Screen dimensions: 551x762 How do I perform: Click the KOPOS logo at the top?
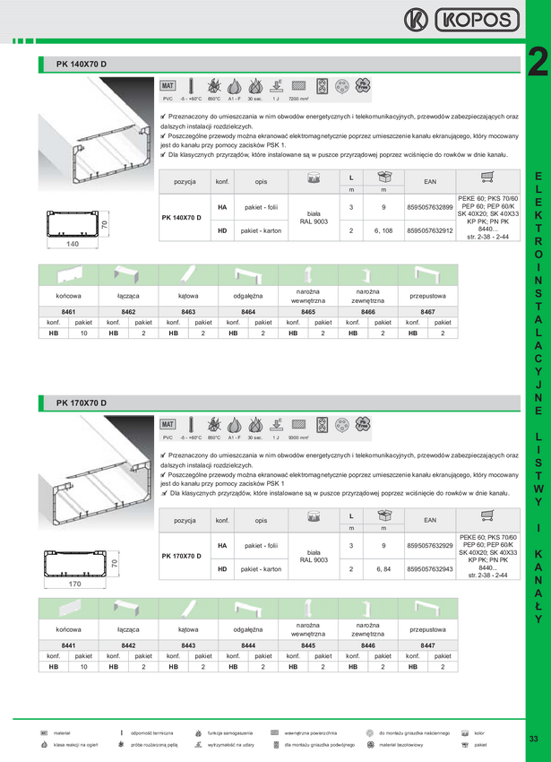tap(461, 20)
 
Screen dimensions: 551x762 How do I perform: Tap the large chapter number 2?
tap(537, 62)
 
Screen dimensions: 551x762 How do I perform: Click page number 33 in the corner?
tap(533, 738)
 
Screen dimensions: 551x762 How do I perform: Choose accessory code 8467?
tap(428, 311)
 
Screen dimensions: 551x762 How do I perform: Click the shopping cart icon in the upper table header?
tap(487, 178)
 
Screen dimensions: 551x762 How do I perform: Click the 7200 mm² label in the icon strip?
tap(300, 100)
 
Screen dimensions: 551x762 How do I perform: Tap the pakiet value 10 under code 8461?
tap(83, 333)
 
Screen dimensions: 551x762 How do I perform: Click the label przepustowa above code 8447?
tap(428, 293)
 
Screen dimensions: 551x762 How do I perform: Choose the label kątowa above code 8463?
tap(188, 293)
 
